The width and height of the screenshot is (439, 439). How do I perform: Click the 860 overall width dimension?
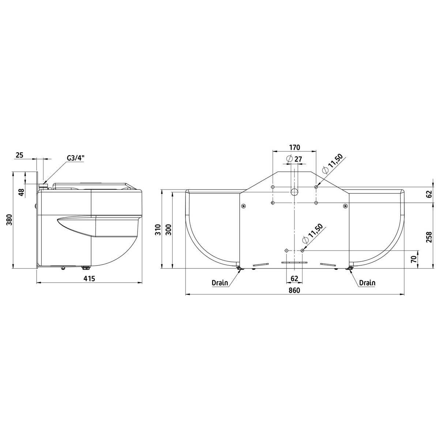tap(294, 290)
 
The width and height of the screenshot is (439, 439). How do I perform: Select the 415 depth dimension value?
tap(89, 278)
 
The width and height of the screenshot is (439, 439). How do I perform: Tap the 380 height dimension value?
tap(10, 220)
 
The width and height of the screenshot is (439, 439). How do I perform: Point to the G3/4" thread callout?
tap(75, 158)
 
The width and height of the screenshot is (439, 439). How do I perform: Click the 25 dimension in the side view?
tap(19, 155)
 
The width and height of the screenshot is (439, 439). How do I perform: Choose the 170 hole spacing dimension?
tap(294, 147)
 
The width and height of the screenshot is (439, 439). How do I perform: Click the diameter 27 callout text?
tap(294, 159)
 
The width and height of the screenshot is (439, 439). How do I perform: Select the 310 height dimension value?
tap(158, 229)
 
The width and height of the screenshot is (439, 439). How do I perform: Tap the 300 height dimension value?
tap(169, 229)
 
